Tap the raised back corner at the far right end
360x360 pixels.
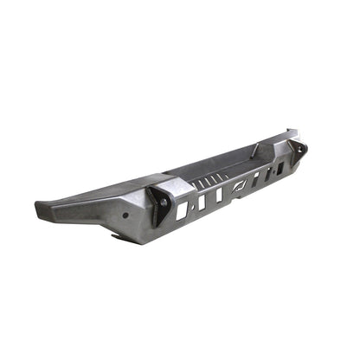coord(289,133)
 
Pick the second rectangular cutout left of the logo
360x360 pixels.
coord(202,201)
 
